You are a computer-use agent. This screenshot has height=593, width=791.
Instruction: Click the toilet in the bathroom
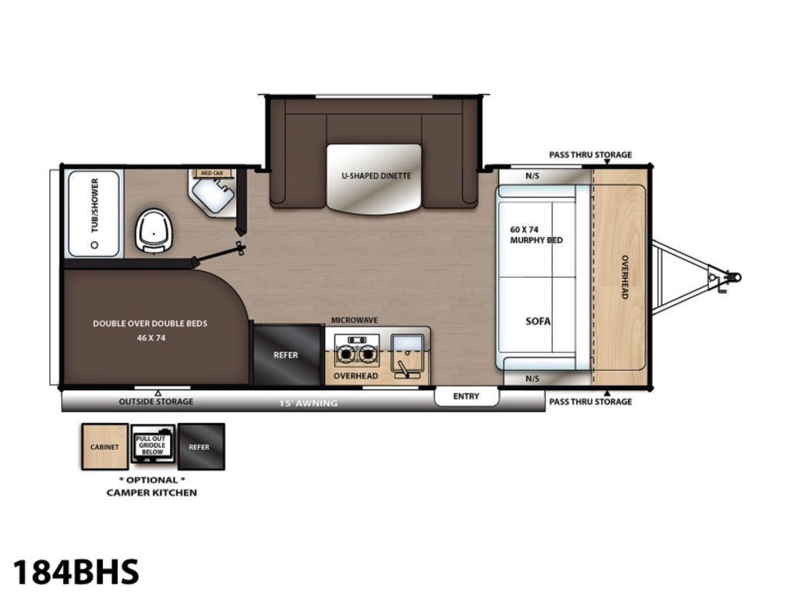tap(154, 232)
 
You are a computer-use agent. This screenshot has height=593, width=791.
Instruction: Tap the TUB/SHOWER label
tap(95, 205)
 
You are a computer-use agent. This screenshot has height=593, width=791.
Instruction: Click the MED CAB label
tap(212, 174)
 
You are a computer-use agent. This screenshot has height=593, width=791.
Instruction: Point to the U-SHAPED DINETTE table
tap(374, 178)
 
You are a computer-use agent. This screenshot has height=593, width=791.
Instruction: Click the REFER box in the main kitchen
tap(287, 355)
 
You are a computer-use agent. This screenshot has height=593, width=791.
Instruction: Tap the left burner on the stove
tap(345, 354)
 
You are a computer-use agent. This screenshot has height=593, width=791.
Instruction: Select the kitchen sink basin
tap(407, 344)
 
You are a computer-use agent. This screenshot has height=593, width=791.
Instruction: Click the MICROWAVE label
tap(354, 320)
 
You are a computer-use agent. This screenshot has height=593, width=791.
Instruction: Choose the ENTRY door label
tap(466, 396)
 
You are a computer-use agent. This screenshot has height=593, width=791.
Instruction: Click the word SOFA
tap(538, 321)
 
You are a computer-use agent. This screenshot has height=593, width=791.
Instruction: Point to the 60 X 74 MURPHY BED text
tap(536, 235)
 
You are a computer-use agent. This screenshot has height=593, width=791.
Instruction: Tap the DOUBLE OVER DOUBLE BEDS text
tap(150, 324)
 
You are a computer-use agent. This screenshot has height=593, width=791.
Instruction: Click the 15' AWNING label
tap(308, 403)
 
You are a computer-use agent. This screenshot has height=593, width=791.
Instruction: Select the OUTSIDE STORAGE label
tap(156, 402)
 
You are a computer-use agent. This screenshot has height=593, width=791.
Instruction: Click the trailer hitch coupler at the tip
tap(735, 277)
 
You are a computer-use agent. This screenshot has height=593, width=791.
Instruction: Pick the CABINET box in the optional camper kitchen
tap(105, 447)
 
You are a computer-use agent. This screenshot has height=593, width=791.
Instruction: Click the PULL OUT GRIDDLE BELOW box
tap(153, 444)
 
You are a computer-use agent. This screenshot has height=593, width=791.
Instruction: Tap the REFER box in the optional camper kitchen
tap(201, 447)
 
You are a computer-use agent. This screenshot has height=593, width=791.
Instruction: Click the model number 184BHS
tap(76, 572)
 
